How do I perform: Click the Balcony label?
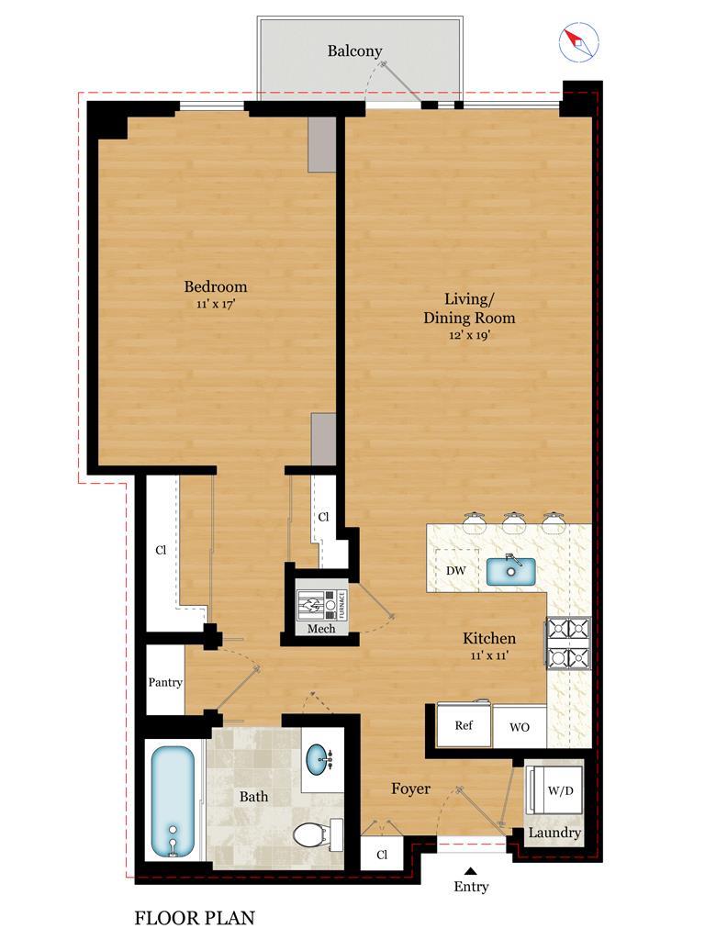(354, 51)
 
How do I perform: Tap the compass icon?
(578, 41)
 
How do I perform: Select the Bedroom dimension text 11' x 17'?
(215, 304)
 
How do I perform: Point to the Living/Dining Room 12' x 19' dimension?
(469, 335)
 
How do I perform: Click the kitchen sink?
(510, 570)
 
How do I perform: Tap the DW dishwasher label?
(455, 570)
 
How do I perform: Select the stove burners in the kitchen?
(567, 643)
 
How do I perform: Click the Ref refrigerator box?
(464, 725)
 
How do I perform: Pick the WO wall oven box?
(520, 727)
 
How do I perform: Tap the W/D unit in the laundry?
(554, 789)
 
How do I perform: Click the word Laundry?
(554, 832)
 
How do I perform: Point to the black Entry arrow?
(471, 871)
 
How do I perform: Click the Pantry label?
(165, 682)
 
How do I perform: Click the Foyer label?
(410, 789)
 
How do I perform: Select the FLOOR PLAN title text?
(195, 918)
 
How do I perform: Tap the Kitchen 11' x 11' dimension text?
(489, 655)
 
